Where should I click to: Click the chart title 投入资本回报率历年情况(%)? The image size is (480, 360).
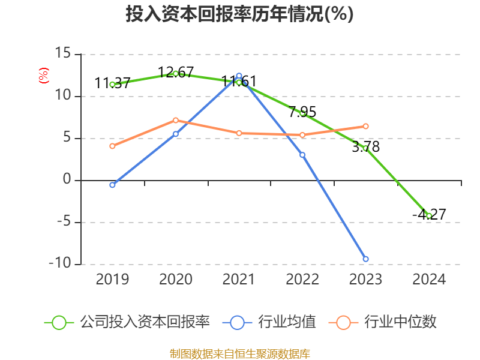[239, 14]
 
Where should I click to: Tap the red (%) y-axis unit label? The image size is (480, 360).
[43, 76]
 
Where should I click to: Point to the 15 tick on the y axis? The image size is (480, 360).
[62, 54]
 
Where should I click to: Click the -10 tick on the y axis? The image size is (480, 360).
[60, 264]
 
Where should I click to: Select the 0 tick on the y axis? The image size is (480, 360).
[67, 180]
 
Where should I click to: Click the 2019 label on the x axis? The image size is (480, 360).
[112, 280]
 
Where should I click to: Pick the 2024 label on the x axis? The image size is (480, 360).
[429, 280]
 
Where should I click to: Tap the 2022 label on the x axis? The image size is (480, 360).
[302, 280]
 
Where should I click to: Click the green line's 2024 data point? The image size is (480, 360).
[429, 215]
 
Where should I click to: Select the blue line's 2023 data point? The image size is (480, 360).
[365, 259]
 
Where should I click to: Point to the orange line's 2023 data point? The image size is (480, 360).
[365, 126]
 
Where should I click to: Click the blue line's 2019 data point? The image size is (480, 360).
[112, 185]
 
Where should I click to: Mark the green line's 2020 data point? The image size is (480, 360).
[176, 73]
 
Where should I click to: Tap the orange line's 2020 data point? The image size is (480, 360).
[176, 120]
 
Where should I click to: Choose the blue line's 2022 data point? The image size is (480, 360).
[302, 155]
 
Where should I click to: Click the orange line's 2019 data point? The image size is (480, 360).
[112, 146]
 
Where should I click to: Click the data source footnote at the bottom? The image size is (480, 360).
[239, 353]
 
